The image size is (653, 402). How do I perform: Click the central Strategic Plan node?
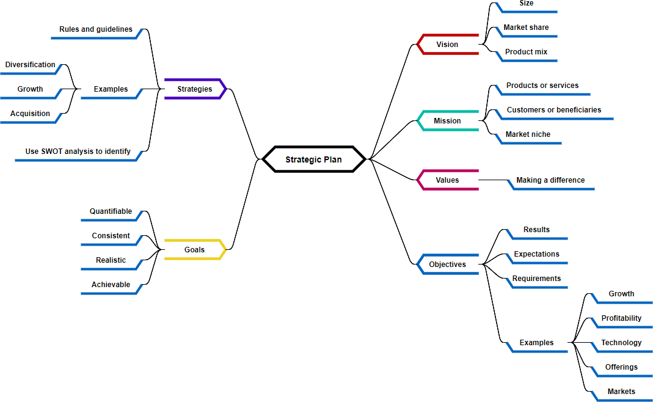[313, 159]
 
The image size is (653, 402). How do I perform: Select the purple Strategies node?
[195, 89]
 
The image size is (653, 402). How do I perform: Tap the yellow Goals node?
[195, 250]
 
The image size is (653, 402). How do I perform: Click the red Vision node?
[447, 45]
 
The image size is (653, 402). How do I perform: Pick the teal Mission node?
[447, 121]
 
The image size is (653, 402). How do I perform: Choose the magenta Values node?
[447, 180]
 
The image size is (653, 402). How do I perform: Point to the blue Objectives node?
[447, 265]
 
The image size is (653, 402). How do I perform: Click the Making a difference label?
[550, 180]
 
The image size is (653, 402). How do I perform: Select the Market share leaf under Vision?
[526, 27]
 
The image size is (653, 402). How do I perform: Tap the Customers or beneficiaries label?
[553, 110]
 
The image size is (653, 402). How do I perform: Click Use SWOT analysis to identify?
[78, 152]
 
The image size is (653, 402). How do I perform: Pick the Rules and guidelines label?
[95, 29]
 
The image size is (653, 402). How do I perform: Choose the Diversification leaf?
[31, 65]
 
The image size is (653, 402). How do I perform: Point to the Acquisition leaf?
[31, 114]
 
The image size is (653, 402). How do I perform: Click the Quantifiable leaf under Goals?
[111, 211]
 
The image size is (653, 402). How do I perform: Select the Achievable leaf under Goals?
[111, 285]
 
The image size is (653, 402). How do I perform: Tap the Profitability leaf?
[621, 318]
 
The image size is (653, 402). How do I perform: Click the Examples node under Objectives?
[536, 343]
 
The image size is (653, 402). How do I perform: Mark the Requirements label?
[536, 279]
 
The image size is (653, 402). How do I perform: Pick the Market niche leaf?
[528, 134]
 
